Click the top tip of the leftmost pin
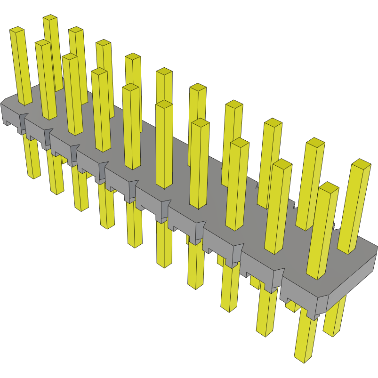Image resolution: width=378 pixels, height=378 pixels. [x=17, y=30]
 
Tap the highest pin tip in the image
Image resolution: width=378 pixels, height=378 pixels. [x=50, y=18]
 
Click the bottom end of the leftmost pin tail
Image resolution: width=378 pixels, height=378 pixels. [x=34, y=176]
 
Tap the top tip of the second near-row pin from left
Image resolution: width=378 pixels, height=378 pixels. [x=42, y=43]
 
